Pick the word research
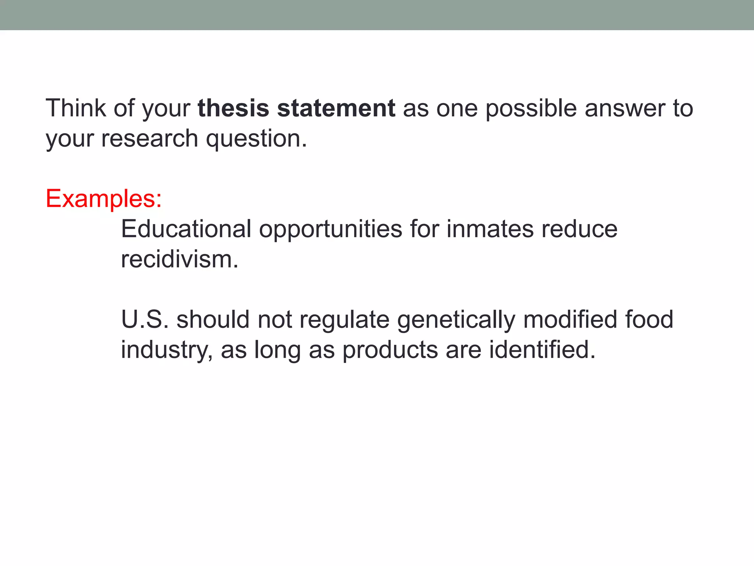pyautogui.click(x=149, y=139)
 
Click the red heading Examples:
pyautogui.click(x=103, y=199)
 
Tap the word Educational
pyautogui.click(x=186, y=229)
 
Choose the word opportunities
pyautogui.click(x=330, y=230)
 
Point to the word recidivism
pyautogui.click(x=179, y=259)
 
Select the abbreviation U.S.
pyautogui.click(x=145, y=319)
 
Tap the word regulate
pyautogui.click(x=344, y=320)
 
